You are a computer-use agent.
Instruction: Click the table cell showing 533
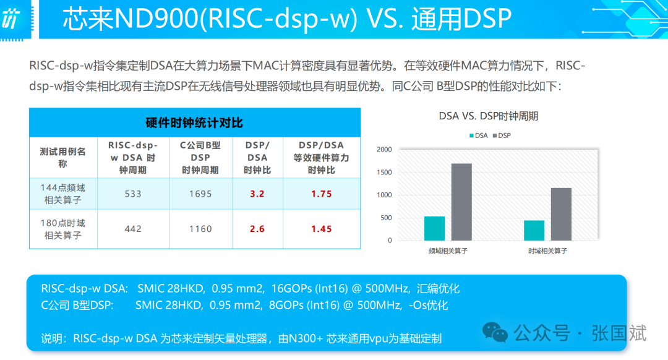click(133, 194)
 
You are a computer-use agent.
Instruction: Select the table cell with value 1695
click(200, 194)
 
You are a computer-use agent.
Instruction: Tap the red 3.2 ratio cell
click(257, 194)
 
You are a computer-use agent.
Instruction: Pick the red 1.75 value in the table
click(321, 194)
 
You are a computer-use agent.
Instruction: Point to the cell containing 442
click(133, 229)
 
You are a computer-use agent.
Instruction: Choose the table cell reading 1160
click(200, 229)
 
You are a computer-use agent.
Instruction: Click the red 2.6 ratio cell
click(257, 229)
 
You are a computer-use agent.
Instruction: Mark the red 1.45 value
click(321, 229)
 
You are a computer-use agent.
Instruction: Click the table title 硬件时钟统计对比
click(194, 122)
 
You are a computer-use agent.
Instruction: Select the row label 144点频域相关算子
click(63, 194)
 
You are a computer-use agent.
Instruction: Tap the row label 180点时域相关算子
click(63, 229)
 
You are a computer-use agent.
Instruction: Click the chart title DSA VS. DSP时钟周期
click(489, 116)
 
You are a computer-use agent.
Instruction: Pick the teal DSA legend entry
click(477, 135)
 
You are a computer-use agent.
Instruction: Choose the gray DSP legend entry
click(500, 135)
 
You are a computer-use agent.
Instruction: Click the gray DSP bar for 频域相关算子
click(461, 202)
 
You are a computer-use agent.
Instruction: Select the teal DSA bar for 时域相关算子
click(534, 230)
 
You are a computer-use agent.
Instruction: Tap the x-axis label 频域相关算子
click(448, 251)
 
